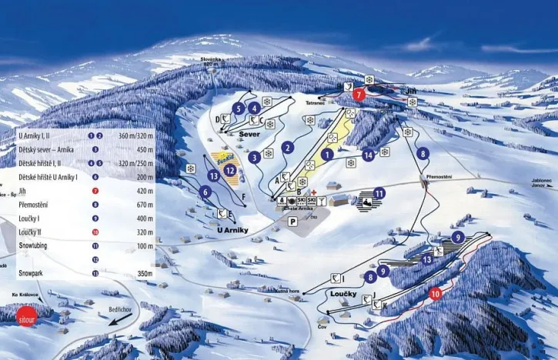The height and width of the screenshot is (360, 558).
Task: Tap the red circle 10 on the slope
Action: coord(436,293)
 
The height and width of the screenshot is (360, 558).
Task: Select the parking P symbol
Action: coord(292,222)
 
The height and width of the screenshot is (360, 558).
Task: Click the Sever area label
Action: coord(251,133)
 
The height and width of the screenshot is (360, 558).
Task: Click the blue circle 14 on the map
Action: coord(368,155)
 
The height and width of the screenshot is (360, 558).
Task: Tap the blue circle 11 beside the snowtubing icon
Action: coord(379,193)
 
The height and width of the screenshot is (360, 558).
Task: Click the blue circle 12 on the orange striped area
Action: coord(230,170)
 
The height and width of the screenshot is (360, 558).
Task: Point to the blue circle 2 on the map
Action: coord(288,147)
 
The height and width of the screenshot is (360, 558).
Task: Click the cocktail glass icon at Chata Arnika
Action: coord(322,201)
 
